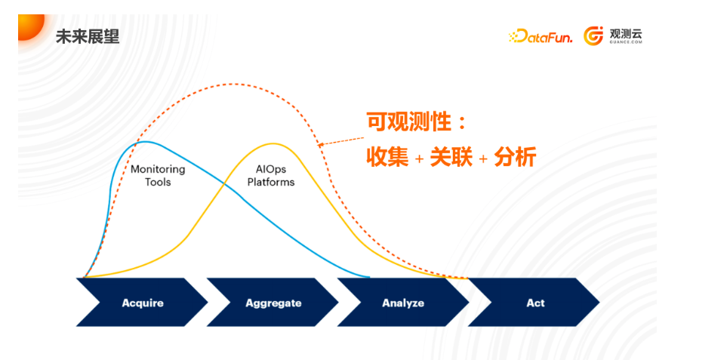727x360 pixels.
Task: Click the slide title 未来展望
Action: pyautogui.click(x=87, y=36)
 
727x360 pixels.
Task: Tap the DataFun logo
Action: pyautogui.click(x=541, y=36)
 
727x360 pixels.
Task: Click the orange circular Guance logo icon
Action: pyautogui.click(x=593, y=36)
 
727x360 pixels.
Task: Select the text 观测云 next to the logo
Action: pyautogui.click(x=626, y=34)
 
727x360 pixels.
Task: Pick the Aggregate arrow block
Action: pyautogui.click(x=273, y=302)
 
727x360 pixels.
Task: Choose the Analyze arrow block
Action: pyautogui.click(x=403, y=302)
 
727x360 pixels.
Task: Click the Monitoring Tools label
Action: pyautogui.click(x=158, y=175)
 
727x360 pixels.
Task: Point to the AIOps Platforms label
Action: pyautogui.click(x=271, y=175)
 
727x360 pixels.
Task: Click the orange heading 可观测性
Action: pyautogui.click(x=408, y=123)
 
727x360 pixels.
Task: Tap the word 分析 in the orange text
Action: pyautogui.click(x=515, y=158)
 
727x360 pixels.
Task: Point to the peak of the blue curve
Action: pyautogui.click(x=145, y=141)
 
